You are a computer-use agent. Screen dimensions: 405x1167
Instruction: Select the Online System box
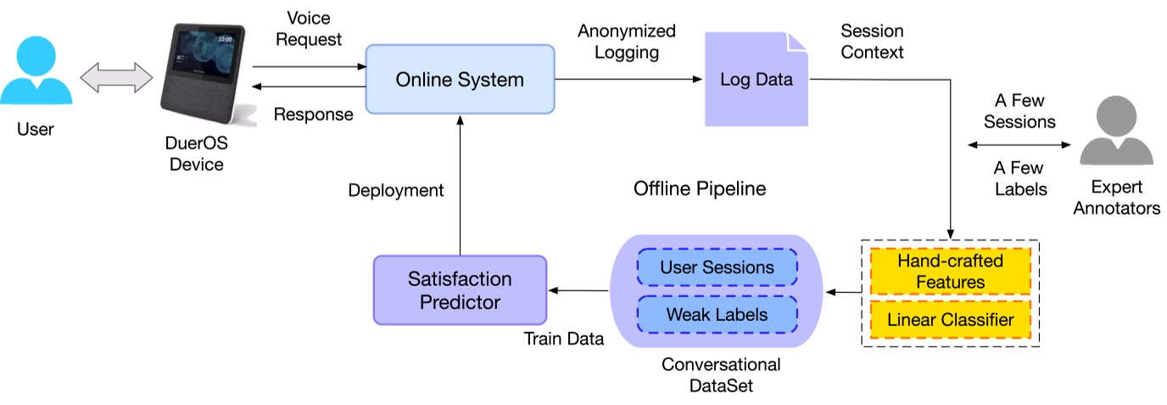(x=460, y=81)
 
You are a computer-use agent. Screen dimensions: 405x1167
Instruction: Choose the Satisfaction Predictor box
(x=460, y=290)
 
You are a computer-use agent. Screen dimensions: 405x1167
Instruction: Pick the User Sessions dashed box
(x=717, y=267)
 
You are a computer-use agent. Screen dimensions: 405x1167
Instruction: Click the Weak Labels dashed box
(x=717, y=314)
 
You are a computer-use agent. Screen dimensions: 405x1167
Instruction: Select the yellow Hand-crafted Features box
(x=950, y=271)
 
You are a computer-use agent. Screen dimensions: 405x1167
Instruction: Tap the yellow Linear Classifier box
(x=950, y=320)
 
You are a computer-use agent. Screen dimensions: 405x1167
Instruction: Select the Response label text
(x=313, y=115)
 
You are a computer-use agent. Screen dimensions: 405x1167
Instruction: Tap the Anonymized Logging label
(x=627, y=42)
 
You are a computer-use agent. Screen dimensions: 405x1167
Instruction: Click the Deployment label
(x=396, y=190)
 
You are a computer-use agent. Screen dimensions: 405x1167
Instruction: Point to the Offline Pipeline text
(x=700, y=188)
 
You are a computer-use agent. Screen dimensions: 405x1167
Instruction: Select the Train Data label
(x=563, y=339)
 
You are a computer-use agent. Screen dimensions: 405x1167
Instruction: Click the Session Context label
(x=872, y=42)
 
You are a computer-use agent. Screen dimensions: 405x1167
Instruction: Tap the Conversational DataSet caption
(x=720, y=375)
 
